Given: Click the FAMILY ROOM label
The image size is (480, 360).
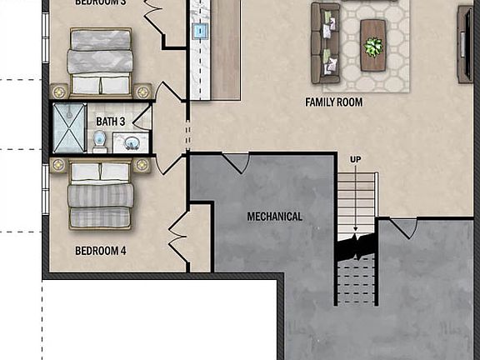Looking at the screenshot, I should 332,102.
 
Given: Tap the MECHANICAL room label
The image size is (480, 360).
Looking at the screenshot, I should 274,217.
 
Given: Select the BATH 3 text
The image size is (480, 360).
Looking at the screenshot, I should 112,122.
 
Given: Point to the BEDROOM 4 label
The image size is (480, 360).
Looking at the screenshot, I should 101,251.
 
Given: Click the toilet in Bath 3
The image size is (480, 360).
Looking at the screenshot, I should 99,142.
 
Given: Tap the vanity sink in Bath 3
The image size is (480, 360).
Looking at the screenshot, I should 131,142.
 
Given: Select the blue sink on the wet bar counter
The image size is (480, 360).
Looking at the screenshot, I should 200,32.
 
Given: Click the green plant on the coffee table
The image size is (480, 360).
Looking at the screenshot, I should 373,47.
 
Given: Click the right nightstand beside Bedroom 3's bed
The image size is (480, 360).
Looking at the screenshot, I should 142,90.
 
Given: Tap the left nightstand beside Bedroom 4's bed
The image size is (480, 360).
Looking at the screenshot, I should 57,165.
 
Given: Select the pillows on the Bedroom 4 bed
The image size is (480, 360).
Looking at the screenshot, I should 100,172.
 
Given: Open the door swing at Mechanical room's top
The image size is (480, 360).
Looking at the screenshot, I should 234,162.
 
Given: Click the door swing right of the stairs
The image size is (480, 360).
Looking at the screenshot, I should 403,227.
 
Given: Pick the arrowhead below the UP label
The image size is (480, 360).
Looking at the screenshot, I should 356,230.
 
